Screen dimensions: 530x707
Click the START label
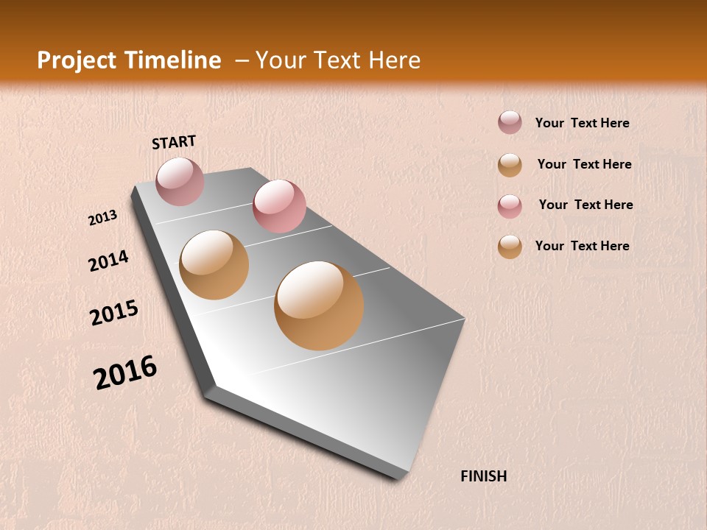[x=174, y=142]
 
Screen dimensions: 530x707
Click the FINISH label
[x=483, y=476]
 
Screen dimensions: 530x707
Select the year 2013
[x=102, y=218]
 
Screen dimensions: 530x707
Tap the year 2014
[x=108, y=261]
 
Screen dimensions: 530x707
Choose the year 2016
[x=125, y=372]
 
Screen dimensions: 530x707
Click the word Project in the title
[x=77, y=60]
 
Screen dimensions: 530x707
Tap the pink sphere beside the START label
[x=180, y=181]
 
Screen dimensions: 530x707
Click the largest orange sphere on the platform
[x=319, y=305]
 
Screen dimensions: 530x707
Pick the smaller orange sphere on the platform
[x=214, y=265]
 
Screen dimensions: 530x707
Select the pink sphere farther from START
[x=279, y=206]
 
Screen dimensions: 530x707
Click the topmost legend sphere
[x=510, y=123]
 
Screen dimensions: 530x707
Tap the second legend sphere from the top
[x=510, y=165]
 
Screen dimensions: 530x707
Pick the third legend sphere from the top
[x=510, y=206]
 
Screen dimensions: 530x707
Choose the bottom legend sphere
[x=510, y=247]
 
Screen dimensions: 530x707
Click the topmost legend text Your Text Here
[x=582, y=124]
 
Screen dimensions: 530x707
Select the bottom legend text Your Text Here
[x=582, y=246]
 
